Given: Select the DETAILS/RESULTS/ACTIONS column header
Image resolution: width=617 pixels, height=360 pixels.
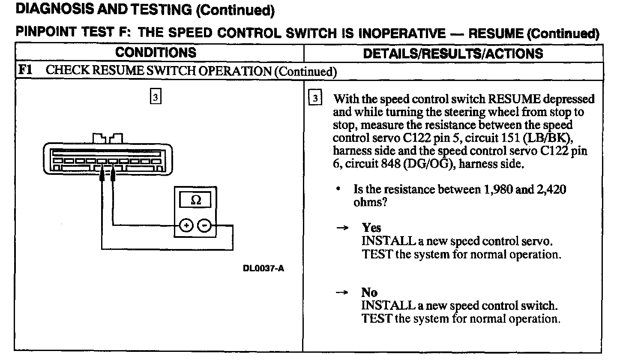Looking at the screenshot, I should coord(452,53).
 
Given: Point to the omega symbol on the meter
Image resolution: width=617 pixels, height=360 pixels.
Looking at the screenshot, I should coord(195,201).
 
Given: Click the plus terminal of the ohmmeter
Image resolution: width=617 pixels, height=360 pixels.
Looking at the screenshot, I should coord(186,225).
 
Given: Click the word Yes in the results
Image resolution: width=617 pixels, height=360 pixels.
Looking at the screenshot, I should coord(371,228).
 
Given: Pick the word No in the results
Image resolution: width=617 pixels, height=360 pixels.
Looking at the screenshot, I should coord(369,292).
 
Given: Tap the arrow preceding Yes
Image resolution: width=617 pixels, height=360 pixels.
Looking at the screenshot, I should coord(341,228).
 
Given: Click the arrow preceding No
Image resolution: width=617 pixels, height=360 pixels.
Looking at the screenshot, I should coord(341,293).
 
